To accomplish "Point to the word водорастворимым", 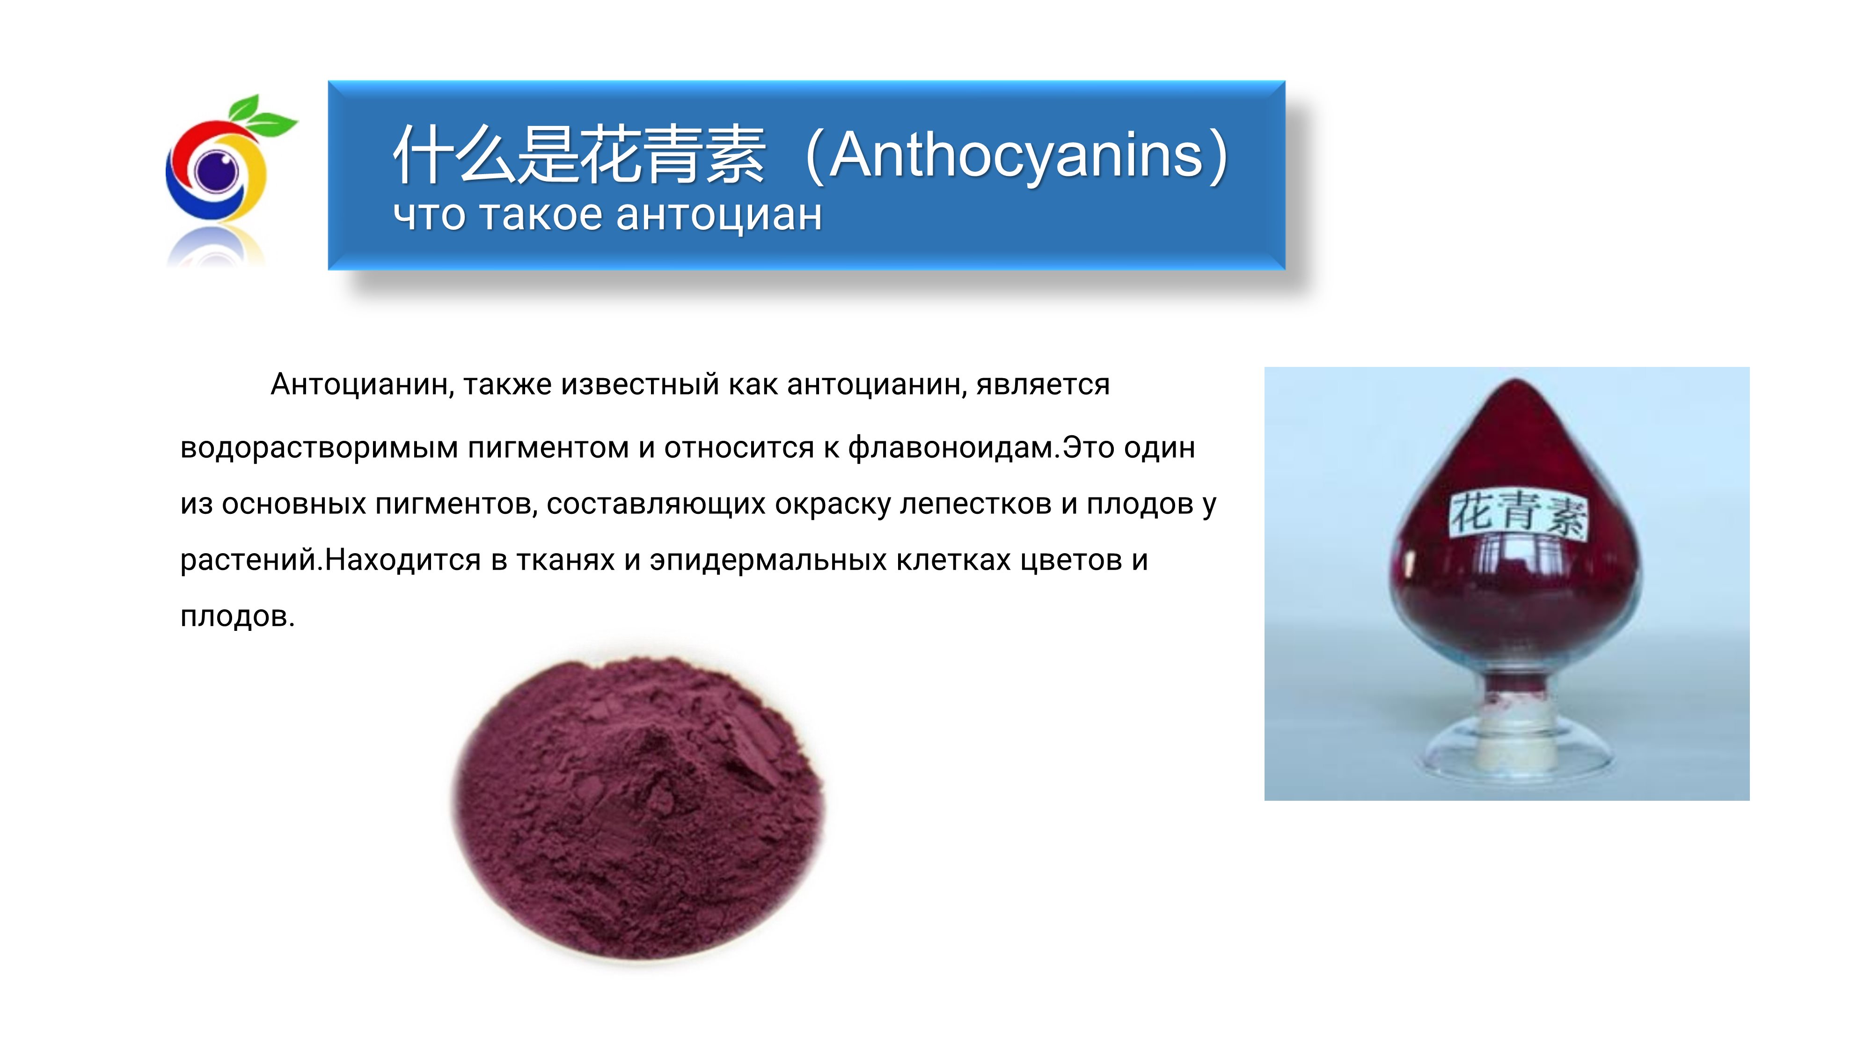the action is pyautogui.click(x=319, y=448).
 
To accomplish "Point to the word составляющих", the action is pyautogui.click(x=656, y=505).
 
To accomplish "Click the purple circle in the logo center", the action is pyautogui.click(x=216, y=171).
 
